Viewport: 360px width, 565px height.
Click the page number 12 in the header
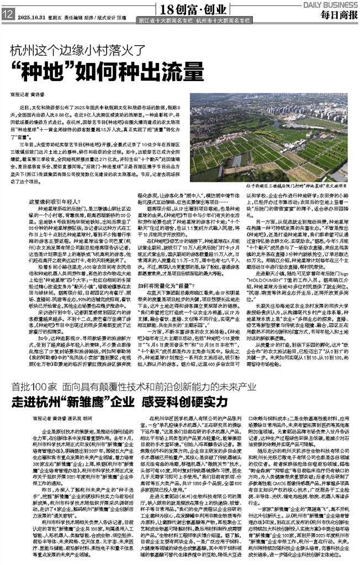[8, 15]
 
